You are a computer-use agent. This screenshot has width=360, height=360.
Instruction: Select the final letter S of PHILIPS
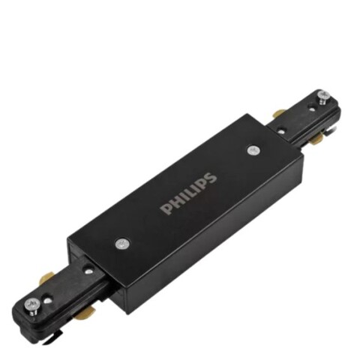(211, 178)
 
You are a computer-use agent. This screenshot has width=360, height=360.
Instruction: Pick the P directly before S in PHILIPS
(202, 184)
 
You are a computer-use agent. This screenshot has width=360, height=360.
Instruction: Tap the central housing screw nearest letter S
(253, 151)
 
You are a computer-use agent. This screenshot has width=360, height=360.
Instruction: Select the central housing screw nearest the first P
(122, 243)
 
